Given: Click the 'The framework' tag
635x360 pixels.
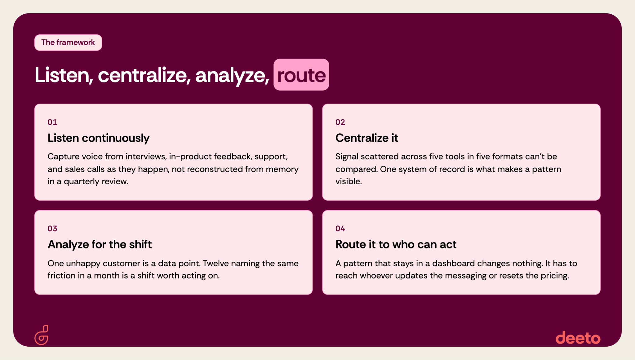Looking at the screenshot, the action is pyautogui.click(x=68, y=42).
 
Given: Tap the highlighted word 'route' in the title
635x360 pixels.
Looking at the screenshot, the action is pyautogui.click(x=301, y=75).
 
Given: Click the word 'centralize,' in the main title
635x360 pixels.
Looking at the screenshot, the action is pyautogui.click(x=144, y=75).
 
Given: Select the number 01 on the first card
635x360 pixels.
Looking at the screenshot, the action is pyautogui.click(x=52, y=122).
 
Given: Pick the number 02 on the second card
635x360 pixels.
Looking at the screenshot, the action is pyautogui.click(x=340, y=122).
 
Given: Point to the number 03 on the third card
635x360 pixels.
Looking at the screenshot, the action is pyautogui.click(x=52, y=229).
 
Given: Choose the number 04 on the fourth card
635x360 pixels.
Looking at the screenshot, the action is pyautogui.click(x=340, y=229).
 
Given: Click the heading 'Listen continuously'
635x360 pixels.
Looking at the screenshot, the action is pyautogui.click(x=99, y=138).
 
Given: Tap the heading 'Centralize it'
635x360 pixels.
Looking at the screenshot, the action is pyautogui.click(x=367, y=138).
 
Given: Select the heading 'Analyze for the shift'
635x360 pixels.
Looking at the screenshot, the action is pyautogui.click(x=100, y=244).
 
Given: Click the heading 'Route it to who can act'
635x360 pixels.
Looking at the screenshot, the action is pyautogui.click(x=396, y=244).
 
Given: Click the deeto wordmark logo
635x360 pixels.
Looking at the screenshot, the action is pyautogui.click(x=578, y=337).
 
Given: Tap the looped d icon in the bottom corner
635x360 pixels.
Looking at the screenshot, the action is pyautogui.click(x=42, y=335).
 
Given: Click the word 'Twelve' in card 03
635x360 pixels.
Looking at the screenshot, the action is pyautogui.click(x=216, y=263).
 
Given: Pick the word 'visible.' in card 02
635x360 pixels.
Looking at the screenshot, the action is pyautogui.click(x=349, y=181).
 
